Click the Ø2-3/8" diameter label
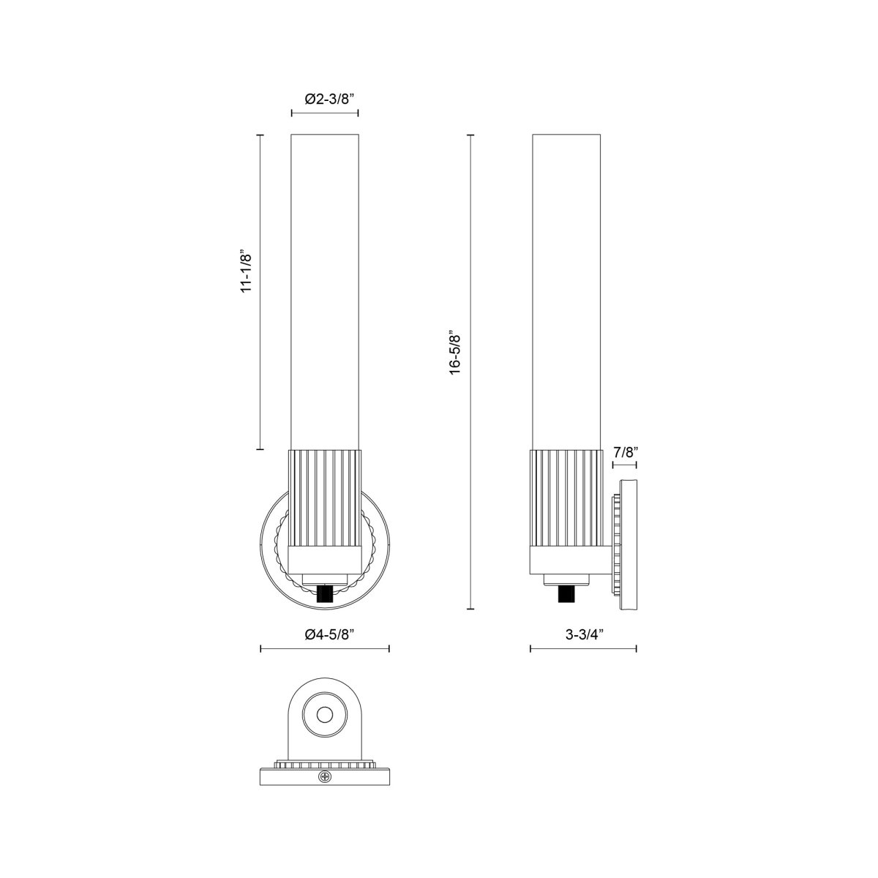(325, 98)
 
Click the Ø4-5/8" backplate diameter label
(325, 634)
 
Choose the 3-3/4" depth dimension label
(583, 634)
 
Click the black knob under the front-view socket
(325, 593)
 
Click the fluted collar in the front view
(325, 498)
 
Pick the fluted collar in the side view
(566, 498)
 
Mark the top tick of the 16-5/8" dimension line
(470, 135)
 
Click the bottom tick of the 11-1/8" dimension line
(260, 449)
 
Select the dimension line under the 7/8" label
(624, 465)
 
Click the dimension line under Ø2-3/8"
(325, 113)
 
